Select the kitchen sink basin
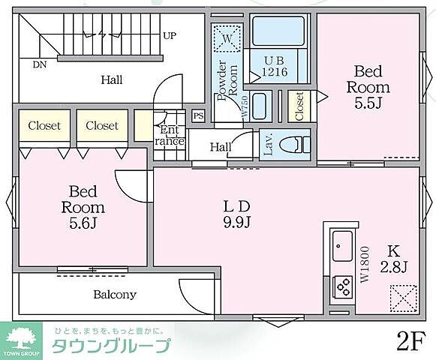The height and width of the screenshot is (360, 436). (343, 244)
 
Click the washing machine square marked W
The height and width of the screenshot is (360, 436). (226, 37)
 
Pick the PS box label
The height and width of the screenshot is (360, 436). (198, 115)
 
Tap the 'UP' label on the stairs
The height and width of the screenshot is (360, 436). (170, 35)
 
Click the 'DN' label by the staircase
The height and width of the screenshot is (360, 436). (39, 65)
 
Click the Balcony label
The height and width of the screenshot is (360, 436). (115, 294)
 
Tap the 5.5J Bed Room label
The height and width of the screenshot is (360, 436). (368, 87)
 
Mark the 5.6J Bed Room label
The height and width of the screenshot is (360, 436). (83, 207)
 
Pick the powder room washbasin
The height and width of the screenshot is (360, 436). (259, 106)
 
